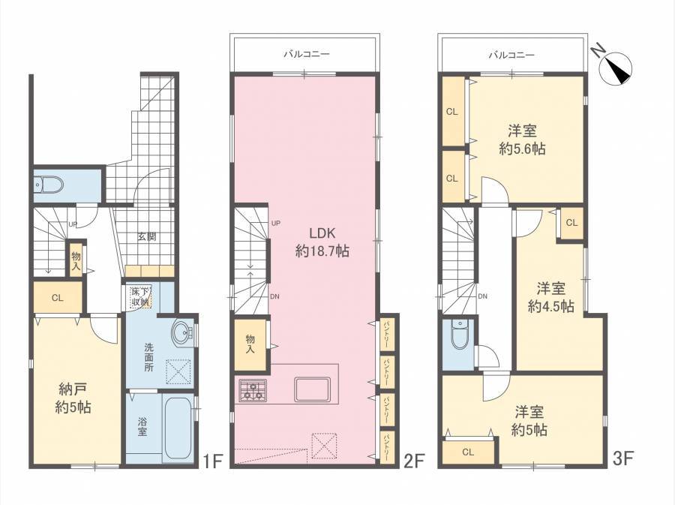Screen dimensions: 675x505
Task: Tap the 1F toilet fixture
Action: pos(48,185)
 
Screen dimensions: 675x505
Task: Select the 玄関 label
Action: pos(147,236)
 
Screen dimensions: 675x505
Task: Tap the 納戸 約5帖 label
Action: pos(73,398)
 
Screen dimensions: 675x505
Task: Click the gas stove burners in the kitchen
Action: pos(253,390)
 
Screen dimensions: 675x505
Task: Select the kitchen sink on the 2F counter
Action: pos(313,389)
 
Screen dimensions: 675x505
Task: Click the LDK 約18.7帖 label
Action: pos(322,242)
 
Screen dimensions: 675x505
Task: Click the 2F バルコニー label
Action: pos(306,54)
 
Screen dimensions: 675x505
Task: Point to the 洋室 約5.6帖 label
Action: pos(522,140)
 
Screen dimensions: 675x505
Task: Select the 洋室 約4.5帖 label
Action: pos(551,297)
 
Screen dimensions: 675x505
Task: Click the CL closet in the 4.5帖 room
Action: pos(571,223)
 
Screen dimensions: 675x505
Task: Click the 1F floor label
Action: pos(212,461)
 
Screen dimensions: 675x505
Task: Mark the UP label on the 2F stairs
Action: pos(276,223)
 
